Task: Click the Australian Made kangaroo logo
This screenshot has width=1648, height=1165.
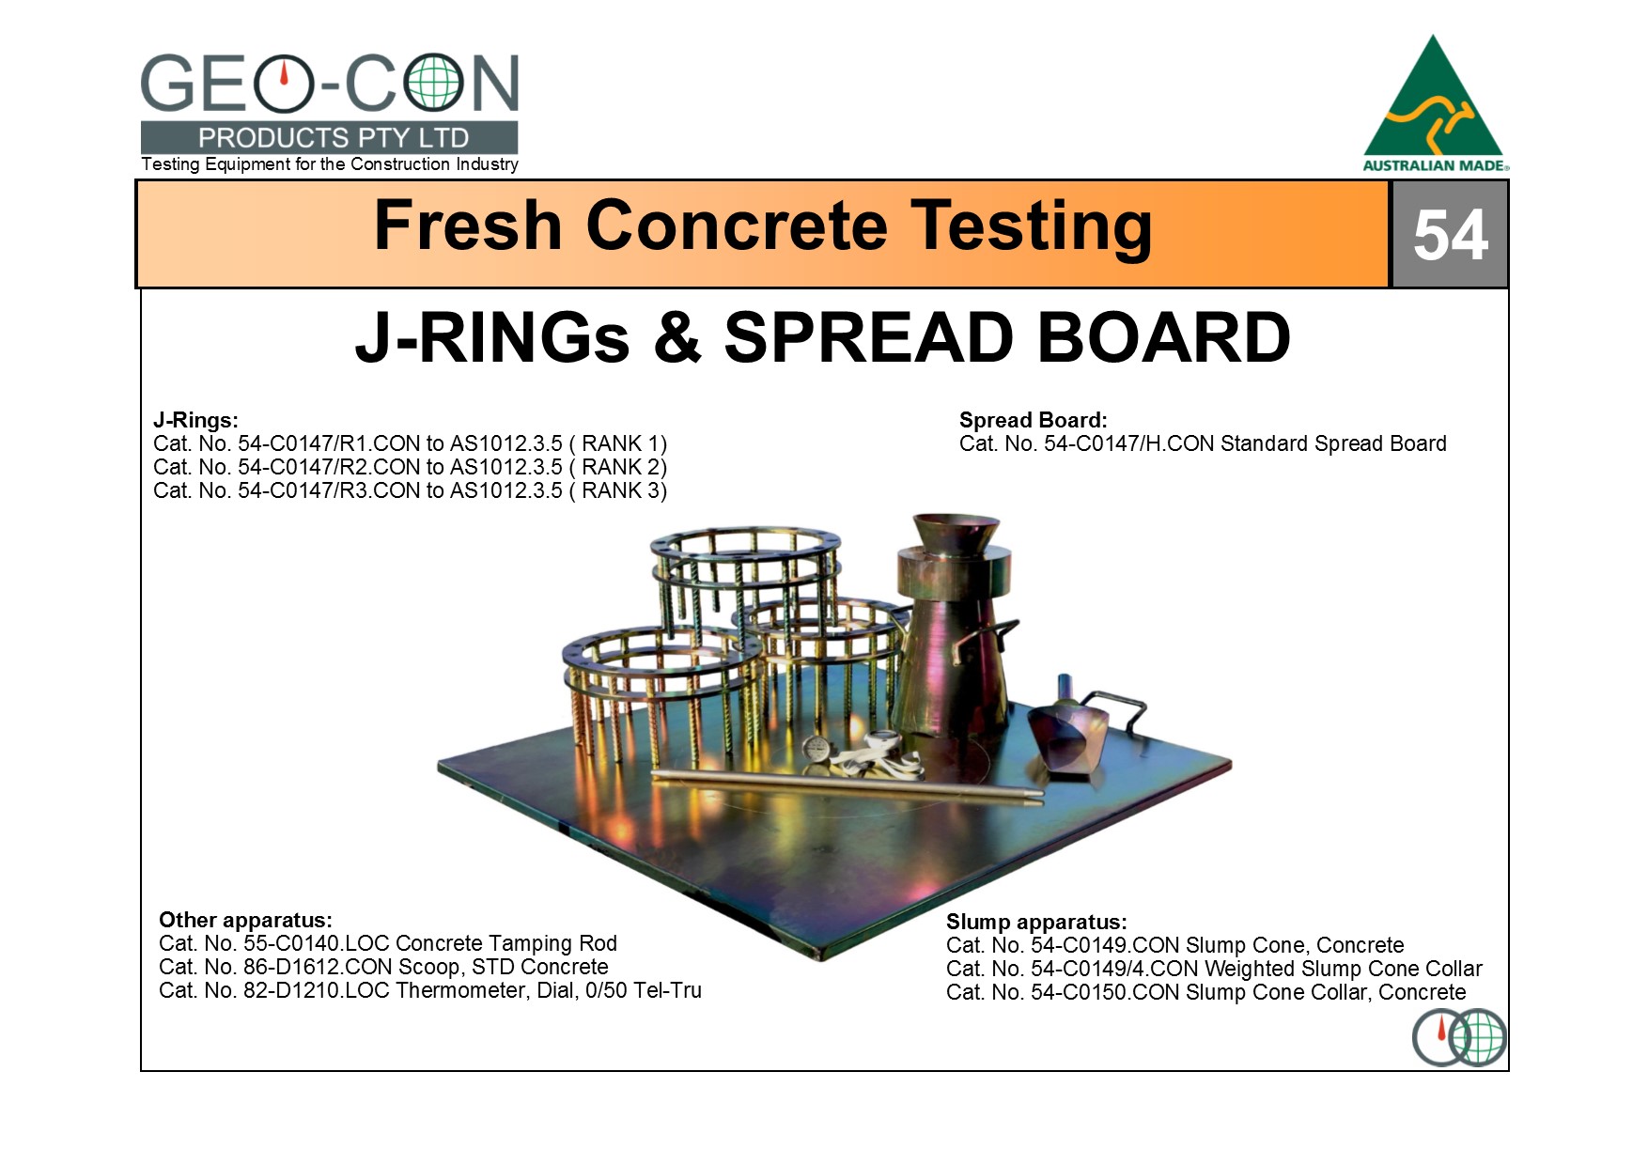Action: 1435,103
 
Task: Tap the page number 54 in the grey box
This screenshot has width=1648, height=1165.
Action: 1450,234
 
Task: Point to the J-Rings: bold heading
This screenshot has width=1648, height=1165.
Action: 195,420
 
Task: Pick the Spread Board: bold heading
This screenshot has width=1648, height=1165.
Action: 1034,420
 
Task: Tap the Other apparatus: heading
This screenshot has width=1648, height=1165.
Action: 245,920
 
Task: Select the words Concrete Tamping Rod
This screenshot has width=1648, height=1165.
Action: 506,943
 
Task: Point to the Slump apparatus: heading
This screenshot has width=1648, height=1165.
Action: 1036,922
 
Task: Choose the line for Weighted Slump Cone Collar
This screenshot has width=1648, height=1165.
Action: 1214,969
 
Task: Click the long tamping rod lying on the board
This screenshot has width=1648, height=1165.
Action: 847,785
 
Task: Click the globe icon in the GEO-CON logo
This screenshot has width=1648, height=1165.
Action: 433,83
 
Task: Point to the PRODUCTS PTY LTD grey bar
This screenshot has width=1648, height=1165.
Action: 329,137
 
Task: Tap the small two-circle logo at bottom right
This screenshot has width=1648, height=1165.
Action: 1459,1037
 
